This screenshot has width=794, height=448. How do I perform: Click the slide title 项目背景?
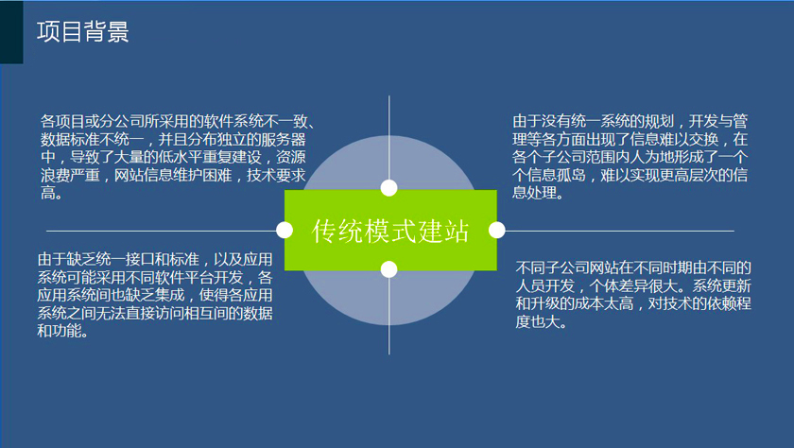coord(82,31)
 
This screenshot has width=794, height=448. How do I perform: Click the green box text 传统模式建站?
coord(389,231)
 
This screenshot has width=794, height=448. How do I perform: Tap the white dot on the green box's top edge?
coord(388,188)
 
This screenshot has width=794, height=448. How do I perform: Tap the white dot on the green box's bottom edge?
coord(388,269)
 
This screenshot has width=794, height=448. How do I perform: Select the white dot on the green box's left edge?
coord(285,230)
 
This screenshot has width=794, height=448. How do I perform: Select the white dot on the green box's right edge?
coord(497,230)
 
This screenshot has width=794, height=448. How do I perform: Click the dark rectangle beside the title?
coord(11,32)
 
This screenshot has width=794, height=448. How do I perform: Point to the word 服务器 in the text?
coord(284,139)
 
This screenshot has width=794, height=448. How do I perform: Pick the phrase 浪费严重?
coord(70,175)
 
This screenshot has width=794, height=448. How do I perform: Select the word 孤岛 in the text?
coord(571,175)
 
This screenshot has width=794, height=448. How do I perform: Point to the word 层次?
coord(703,175)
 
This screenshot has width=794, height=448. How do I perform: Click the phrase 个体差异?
coord(619,286)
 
